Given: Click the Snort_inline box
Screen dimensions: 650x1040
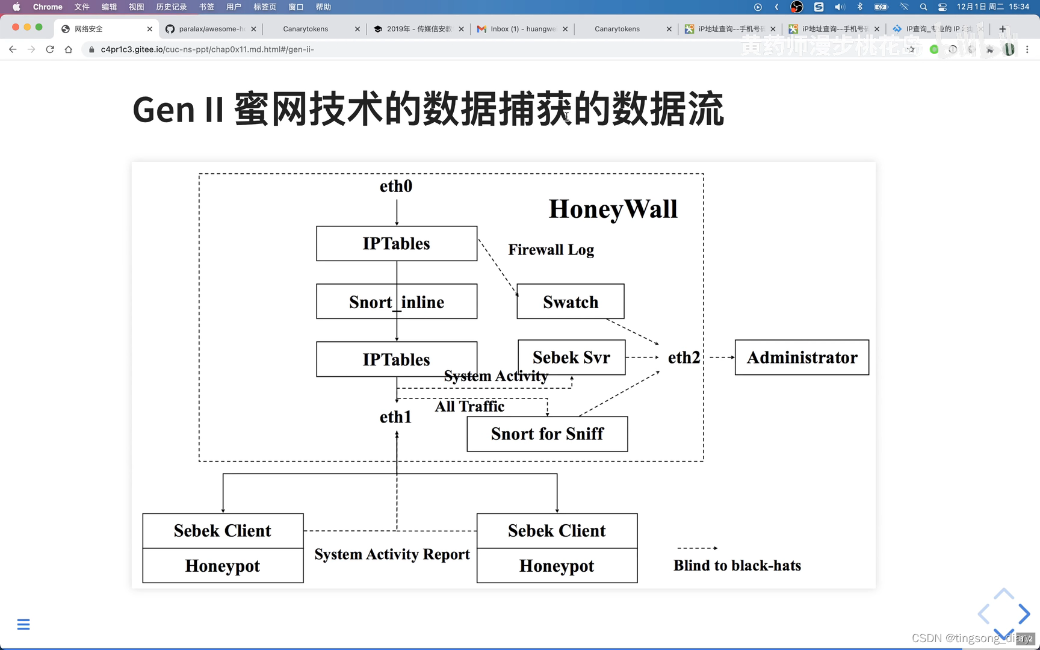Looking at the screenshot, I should click(397, 302).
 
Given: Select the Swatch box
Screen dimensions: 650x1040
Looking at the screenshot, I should click(571, 302).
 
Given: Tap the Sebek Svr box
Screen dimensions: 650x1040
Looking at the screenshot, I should click(571, 357).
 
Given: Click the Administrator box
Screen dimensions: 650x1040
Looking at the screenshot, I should click(802, 357).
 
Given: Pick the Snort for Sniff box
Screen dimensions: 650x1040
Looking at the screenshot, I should click(547, 434).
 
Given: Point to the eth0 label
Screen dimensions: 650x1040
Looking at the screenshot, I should click(396, 187).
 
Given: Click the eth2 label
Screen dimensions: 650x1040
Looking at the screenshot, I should click(684, 357).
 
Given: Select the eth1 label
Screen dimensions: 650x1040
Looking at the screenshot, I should click(395, 417).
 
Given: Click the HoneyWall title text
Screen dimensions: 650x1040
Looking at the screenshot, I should click(613, 209).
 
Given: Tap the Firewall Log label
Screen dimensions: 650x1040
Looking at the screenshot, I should click(551, 250).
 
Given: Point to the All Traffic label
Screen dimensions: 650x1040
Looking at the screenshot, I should click(469, 406).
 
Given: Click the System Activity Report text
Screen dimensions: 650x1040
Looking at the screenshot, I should click(392, 554).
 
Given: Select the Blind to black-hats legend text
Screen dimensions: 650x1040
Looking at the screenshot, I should click(737, 566).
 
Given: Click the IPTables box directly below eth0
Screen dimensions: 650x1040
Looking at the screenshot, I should click(397, 244).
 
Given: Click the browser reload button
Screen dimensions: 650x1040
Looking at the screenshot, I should click(50, 49).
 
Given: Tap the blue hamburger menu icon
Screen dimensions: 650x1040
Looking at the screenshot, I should click(23, 624).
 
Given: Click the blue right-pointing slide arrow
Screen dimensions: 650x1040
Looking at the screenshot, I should click(1024, 614).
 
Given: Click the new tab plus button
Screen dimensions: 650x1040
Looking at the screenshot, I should click(1002, 29).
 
